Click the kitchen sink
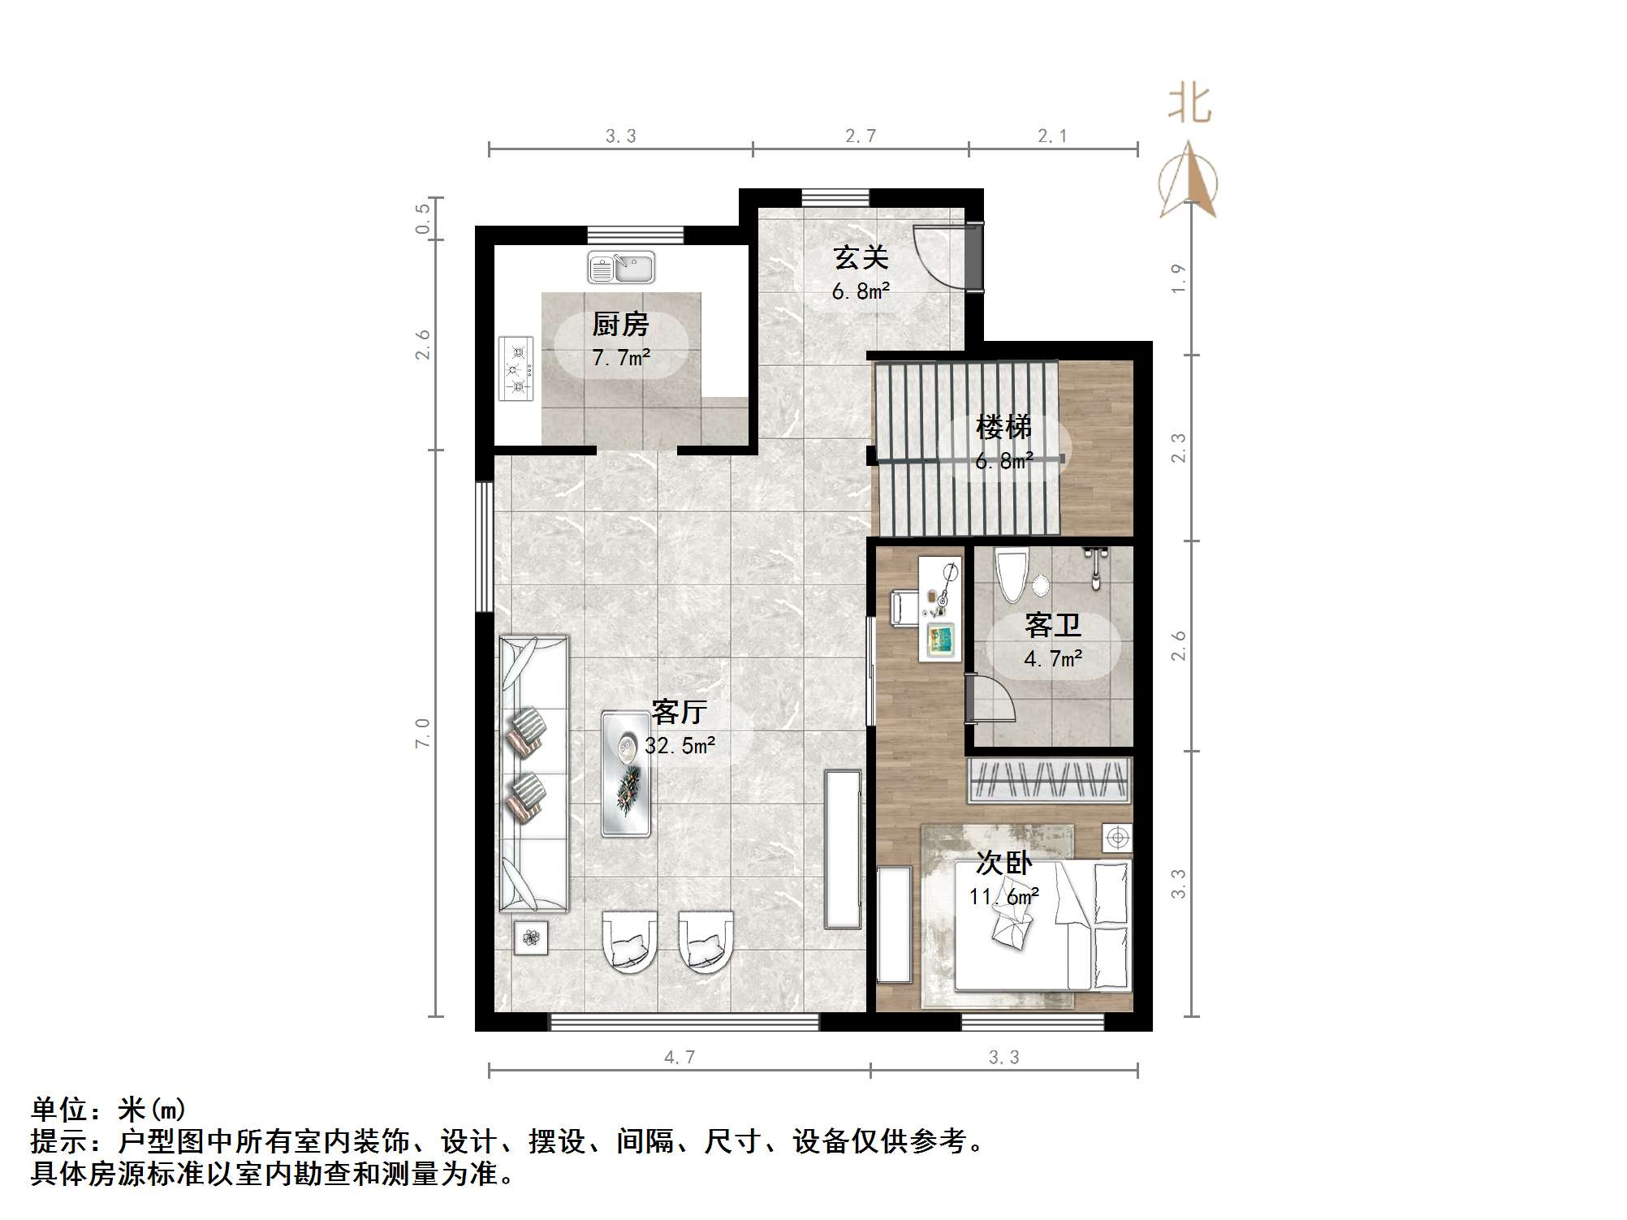click(x=621, y=268)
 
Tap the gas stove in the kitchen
click(x=516, y=369)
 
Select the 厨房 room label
click(x=621, y=325)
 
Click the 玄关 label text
click(x=861, y=258)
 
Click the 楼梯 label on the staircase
click(x=1003, y=426)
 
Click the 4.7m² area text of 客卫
click(x=1053, y=658)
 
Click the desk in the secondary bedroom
click(x=941, y=609)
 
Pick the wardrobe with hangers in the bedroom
click(x=1050, y=779)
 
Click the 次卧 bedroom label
click(x=1003, y=863)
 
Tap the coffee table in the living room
click(x=625, y=774)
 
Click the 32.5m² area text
click(x=680, y=745)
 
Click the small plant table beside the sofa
click(x=531, y=938)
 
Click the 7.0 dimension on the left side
click(x=422, y=733)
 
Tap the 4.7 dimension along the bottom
click(x=680, y=1057)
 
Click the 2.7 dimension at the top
click(x=860, y=136)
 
